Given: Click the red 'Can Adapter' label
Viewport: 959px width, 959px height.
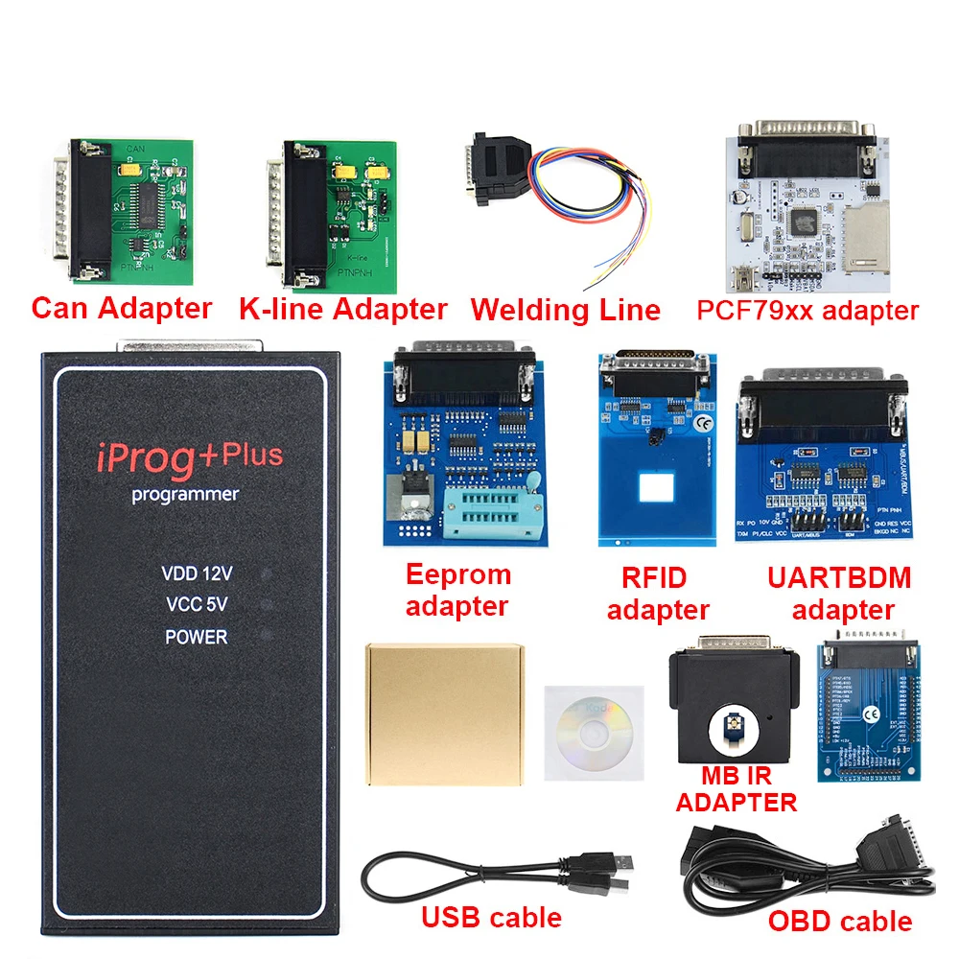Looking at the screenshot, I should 121,308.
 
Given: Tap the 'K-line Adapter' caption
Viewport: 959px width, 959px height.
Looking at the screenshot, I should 342,309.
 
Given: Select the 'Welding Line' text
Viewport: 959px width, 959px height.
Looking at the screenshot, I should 565,310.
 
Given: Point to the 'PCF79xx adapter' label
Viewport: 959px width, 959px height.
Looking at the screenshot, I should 807,310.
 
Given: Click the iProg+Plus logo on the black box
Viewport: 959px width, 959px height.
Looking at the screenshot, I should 187,457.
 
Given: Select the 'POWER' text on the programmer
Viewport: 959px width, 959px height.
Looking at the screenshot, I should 196,637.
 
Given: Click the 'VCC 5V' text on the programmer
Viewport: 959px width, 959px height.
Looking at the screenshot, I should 196,605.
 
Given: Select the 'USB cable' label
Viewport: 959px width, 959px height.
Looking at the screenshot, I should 491,917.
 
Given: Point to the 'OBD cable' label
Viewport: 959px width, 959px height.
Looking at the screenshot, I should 840,921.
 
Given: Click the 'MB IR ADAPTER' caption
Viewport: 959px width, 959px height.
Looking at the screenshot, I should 736,788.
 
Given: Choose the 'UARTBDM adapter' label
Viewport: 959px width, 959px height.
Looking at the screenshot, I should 839,593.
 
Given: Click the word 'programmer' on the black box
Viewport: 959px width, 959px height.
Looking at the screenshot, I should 186,495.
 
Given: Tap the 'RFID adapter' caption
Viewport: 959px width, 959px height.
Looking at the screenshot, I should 658,594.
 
